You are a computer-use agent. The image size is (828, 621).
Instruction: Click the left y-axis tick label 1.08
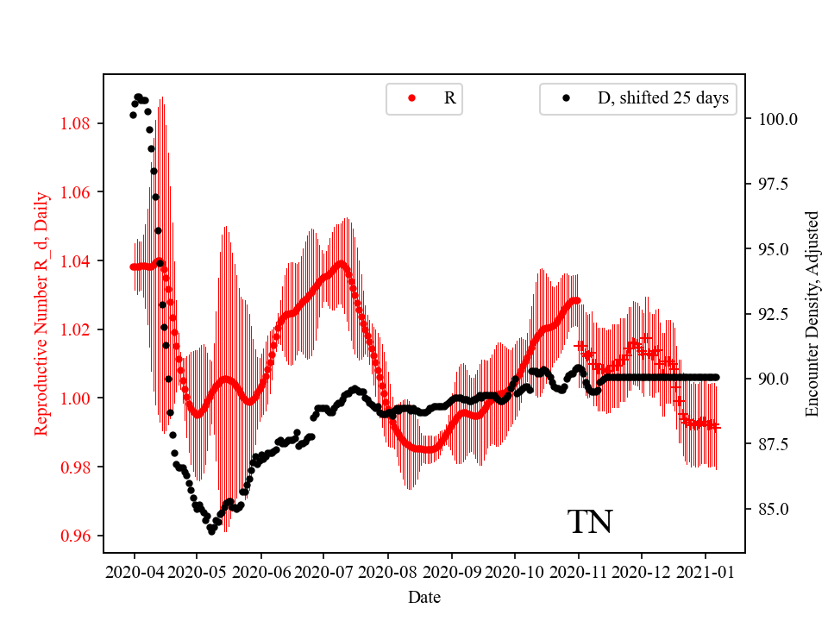[76, 123]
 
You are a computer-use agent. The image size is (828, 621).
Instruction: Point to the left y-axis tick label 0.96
[76, 536]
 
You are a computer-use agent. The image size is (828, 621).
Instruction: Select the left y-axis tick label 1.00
[76, 398]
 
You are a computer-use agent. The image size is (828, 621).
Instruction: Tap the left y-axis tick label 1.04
[76, 260]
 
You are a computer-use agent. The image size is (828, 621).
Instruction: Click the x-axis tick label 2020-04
[135, 571]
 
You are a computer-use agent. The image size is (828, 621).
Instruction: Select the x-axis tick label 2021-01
[706, 571]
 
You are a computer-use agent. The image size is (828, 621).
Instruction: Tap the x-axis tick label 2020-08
[387, 571]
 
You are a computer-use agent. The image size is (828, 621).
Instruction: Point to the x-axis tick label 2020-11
[578, 571]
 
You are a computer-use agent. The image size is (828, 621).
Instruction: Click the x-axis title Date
[424, 596]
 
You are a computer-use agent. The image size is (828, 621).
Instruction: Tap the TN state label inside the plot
[590, 523]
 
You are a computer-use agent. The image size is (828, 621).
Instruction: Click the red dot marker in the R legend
[411, 98]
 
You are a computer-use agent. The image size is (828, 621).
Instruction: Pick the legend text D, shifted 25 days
[662, 98]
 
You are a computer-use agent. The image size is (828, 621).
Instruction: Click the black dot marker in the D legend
[566, 98]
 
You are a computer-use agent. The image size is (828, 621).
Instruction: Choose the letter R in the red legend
[449, 98]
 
